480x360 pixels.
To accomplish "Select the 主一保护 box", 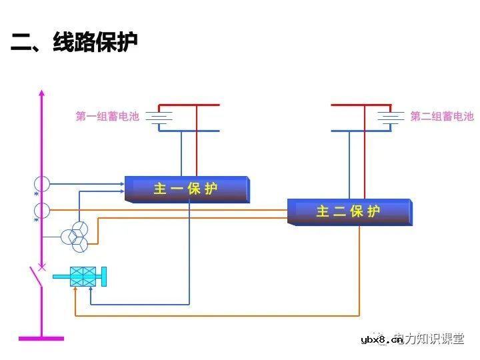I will [186, 189].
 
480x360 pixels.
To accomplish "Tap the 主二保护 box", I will [349, 211].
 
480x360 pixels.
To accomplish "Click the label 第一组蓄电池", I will [107, 117].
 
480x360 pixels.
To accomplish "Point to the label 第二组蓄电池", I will [441, 117].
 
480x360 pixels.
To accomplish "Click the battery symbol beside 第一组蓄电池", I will [159, 117].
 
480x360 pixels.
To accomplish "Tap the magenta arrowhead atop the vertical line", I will [42, 93].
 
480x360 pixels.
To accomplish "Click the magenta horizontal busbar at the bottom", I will [41, 339].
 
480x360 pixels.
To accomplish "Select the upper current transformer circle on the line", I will [42, 183].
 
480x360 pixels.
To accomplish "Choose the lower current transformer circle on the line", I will [42, 211].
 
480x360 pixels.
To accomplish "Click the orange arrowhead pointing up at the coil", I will [76, 290].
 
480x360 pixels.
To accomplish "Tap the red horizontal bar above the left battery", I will [189, 105].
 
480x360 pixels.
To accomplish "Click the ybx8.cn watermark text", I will [381, 340].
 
